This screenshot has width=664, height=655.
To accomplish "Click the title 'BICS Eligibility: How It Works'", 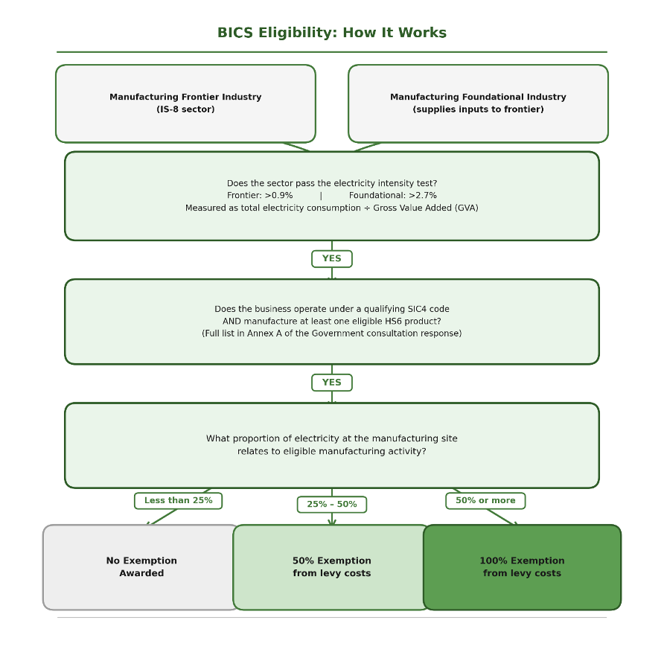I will point(332,33).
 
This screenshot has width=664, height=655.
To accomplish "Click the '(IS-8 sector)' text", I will point(185,109).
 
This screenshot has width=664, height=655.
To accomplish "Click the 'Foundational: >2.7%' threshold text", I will point(393,196).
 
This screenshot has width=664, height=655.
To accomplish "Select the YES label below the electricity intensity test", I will point(332,259).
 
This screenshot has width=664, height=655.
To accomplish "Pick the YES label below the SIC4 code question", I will point(332,383).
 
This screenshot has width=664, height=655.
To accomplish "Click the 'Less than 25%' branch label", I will point(178,501).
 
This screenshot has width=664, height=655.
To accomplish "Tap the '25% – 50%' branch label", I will point(332,505).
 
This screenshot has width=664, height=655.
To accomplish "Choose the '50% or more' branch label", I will point(485,501).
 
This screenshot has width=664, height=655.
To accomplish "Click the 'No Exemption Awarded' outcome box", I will point(141,567).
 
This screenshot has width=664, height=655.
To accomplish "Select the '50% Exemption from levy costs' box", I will point(332,567).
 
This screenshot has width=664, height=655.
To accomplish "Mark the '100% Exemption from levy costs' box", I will point(522,567).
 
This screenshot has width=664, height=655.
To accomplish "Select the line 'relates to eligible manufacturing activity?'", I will point(332,452).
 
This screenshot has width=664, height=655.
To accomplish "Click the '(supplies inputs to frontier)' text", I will point(478,109).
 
